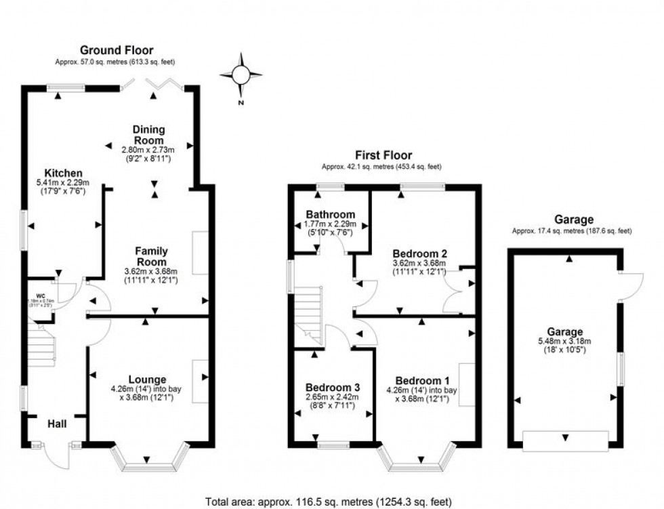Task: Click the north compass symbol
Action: tap(241, 76)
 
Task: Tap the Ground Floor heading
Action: tap(117, 50)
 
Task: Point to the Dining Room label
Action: tap(148, 135)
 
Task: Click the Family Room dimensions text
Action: tap(150, 275)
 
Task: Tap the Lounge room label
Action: tap(148, 379)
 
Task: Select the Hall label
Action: tap(57, 424)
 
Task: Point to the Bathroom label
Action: tap(330, 215)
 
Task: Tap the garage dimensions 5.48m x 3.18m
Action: tap(565, 342)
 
